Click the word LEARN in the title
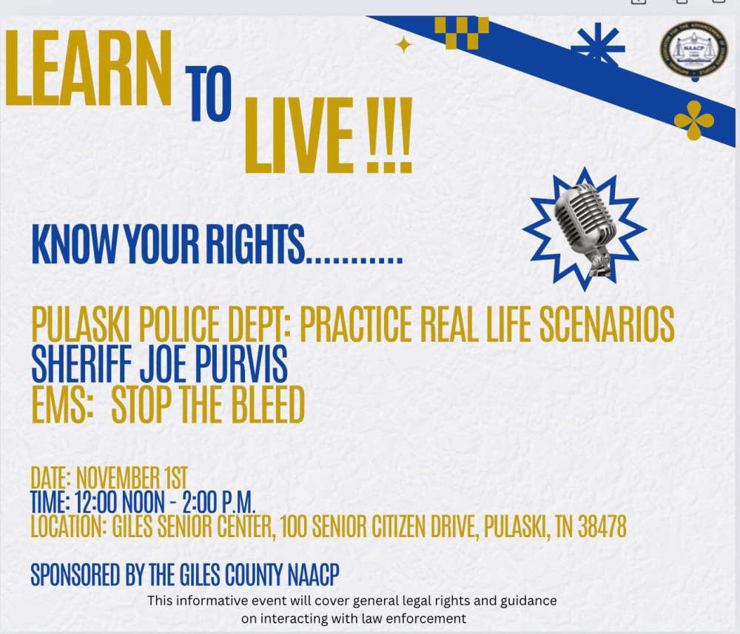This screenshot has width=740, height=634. click(x=88, y=68)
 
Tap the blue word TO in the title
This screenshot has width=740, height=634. click(x=208, y=93)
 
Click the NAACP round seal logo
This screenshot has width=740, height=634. click(x=693, y=50)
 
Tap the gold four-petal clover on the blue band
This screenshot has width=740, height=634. click(x=694, y=121)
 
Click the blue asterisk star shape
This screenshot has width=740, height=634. click(x=598, y=46)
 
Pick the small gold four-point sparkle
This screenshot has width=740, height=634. click(x=403, y=45)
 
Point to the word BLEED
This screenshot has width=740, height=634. click(x=268, y=404)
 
